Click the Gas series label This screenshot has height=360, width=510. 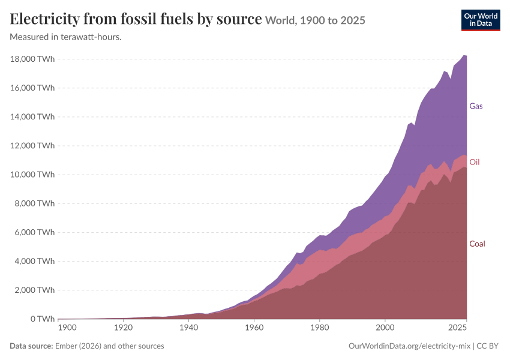[x=476, y=106]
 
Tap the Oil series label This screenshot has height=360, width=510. [x=474, y=162]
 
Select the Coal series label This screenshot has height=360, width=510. [x=477, y=244]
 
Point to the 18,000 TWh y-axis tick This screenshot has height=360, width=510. [x=32, y=59]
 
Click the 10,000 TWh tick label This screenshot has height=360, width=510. [x=32, y=175]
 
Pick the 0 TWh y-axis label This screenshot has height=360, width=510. [x=43, y=319]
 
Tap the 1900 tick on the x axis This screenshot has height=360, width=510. [x=67, y=328]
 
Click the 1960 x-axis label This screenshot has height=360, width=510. [x=254, y=328]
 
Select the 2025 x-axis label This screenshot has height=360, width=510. [x=458, y=328]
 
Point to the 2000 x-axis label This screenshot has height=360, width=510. [x=385, y=328]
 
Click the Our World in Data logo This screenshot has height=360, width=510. [x=481, y=20]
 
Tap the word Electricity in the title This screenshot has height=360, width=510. [x=44, y=19]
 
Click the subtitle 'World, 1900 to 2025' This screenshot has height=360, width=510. [x=315, y=20]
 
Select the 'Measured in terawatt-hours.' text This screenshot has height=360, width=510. [x=66, y=37]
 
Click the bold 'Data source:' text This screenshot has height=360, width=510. [x=31, y=346]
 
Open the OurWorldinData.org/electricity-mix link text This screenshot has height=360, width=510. [x=409, y=346]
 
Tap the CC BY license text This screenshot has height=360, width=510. [x=488, y=346]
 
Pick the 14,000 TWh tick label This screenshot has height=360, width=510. [x=32, y=117]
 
